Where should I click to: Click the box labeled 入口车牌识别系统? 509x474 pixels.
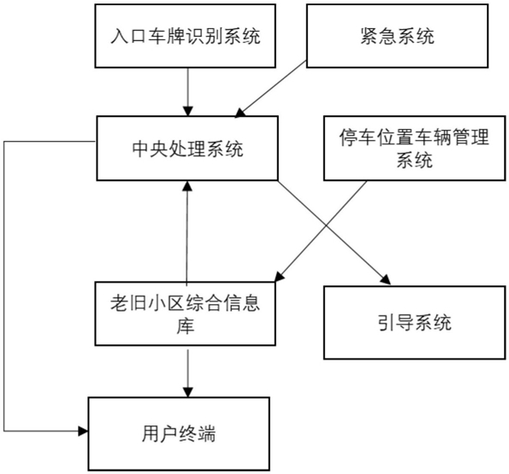coord(186,36)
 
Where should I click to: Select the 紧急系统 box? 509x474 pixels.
coord(397,36)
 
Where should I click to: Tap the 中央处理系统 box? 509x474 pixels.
coord(187,148)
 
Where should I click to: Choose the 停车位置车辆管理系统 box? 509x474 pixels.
coord(415,148)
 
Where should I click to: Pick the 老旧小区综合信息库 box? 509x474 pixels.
coord(186,313)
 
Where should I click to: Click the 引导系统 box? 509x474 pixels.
coord(415,323)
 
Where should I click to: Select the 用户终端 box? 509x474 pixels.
coord(179,434)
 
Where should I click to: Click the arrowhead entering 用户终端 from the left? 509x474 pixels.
coord(83,431)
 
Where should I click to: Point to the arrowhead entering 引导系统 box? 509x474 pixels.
coord(386,279)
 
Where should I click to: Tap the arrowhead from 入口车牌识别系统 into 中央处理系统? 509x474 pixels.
coord(188,111)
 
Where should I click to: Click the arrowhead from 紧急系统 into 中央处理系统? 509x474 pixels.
coord(240,113)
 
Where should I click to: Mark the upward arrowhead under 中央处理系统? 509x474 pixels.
coord(187,186)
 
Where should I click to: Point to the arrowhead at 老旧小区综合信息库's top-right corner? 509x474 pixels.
coord(280,277)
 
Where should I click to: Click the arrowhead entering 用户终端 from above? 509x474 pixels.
coord(188,392)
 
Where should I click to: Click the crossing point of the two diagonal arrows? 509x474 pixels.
coord(326,225)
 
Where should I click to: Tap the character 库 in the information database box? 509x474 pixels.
coord(186,325)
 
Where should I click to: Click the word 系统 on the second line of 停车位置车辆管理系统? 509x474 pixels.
coord(415,160)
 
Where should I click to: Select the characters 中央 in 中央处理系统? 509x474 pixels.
coord(151,149)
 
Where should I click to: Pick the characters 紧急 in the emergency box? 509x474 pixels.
coord(379,36)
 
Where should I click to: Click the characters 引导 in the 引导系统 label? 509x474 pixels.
coord(396,323)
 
